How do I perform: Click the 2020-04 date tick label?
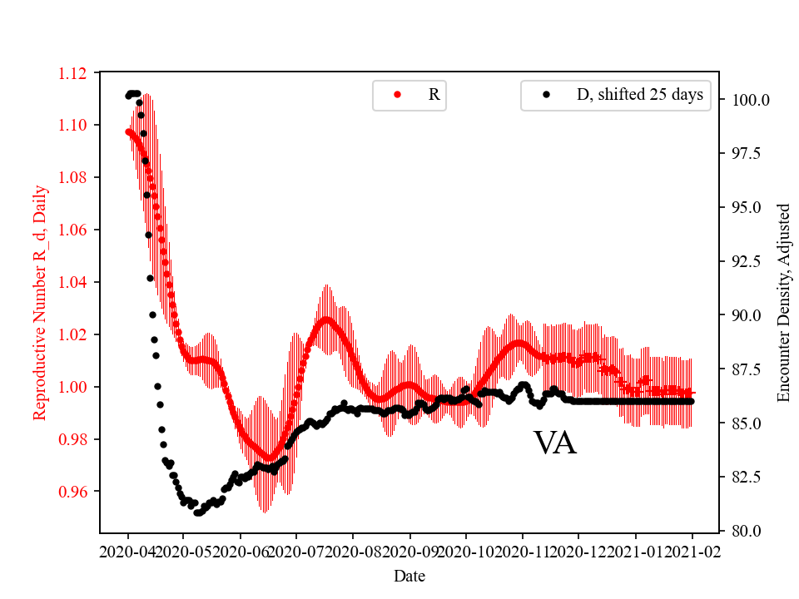127,552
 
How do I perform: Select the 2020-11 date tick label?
523,552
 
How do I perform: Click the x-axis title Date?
409,576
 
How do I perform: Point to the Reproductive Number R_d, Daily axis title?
40,303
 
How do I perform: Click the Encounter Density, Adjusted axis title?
783,303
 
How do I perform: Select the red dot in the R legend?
397,95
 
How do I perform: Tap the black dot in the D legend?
546,95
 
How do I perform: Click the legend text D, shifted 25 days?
639,95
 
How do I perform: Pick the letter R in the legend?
434,95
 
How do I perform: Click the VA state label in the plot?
555,443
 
